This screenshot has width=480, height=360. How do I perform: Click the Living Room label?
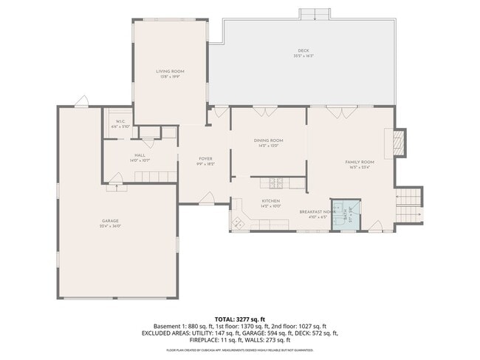point(168,72)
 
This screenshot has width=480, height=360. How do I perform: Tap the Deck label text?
point(304,50)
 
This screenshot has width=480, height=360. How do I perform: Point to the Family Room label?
point(360,162)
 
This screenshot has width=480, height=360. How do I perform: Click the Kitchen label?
point(270,201)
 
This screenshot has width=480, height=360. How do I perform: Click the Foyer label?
point(205,159)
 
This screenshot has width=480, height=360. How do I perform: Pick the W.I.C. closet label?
point(119,123)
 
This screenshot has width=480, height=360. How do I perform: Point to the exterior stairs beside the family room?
point(409,197)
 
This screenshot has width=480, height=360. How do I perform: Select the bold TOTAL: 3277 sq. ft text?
point(239,317)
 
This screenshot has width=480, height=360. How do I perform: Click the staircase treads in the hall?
point(155,174)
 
